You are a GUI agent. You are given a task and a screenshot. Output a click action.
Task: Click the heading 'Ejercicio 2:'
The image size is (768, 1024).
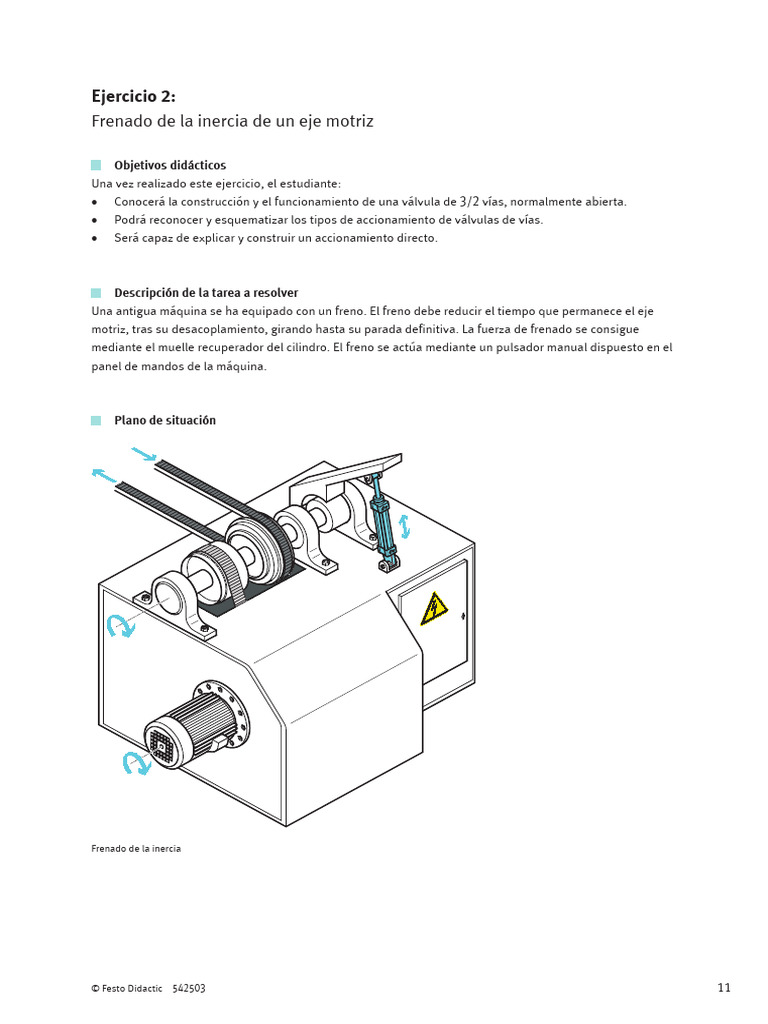point(133,97)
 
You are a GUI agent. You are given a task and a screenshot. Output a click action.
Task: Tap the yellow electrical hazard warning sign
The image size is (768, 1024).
point(434,609)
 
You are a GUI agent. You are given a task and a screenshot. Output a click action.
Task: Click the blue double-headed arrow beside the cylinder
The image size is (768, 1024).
point(404,526)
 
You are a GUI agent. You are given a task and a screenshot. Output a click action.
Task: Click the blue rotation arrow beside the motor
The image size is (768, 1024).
point(136,763)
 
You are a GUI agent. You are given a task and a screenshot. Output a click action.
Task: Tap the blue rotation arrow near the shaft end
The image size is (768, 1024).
point(120,626)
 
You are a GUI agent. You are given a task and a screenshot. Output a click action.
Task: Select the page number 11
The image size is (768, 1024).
point(724,987)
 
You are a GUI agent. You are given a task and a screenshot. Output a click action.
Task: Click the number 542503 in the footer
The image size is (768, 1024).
point(189,988)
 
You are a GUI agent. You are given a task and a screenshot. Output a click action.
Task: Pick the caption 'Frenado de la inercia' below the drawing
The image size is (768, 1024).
point(136,848)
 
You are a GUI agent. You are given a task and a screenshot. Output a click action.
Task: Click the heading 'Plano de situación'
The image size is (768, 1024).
point(165,420)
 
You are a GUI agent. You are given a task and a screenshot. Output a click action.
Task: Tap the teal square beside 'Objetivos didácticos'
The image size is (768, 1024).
point(96,165)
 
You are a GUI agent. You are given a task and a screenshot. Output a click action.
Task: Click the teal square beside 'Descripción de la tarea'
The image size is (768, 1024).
point(96,293)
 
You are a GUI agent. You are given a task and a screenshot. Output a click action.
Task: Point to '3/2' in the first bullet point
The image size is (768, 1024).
point(469,201)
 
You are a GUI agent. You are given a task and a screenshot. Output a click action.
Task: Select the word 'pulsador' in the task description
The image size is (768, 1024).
point(519,347)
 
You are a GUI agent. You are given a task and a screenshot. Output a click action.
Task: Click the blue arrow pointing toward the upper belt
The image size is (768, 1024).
point(144,454)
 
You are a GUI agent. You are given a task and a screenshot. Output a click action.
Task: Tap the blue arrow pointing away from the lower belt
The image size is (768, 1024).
point(104,475)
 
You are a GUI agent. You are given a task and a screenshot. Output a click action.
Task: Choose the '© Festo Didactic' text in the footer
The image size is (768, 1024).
point(127,988)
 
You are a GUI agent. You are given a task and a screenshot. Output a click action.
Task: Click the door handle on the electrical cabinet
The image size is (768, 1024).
point(463,615)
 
